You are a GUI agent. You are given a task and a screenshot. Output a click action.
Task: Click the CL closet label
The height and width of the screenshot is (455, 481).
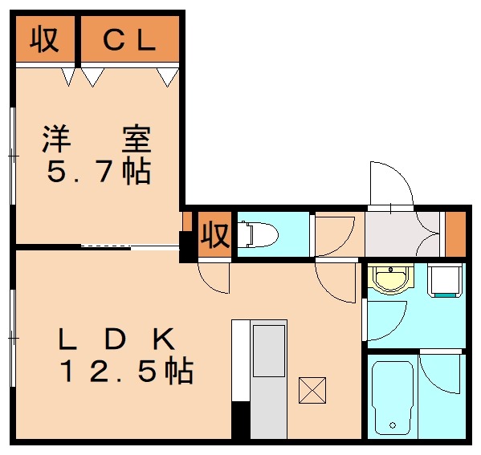tap(128, 41)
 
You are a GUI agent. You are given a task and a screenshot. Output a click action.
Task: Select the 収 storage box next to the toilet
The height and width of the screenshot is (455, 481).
tap(214, 235)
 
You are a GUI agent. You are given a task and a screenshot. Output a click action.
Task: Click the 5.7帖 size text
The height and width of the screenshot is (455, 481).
tap(98, 172)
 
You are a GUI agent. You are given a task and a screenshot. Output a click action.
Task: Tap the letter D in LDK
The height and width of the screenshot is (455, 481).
tap(114, 340)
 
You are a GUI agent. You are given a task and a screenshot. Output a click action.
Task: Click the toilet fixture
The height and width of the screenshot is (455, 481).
tap(259, 234)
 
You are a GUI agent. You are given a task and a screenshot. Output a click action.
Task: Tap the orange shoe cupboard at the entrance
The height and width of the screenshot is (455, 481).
tap(455, 233)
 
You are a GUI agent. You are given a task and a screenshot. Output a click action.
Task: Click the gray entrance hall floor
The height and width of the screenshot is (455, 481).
tap(402, 234)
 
